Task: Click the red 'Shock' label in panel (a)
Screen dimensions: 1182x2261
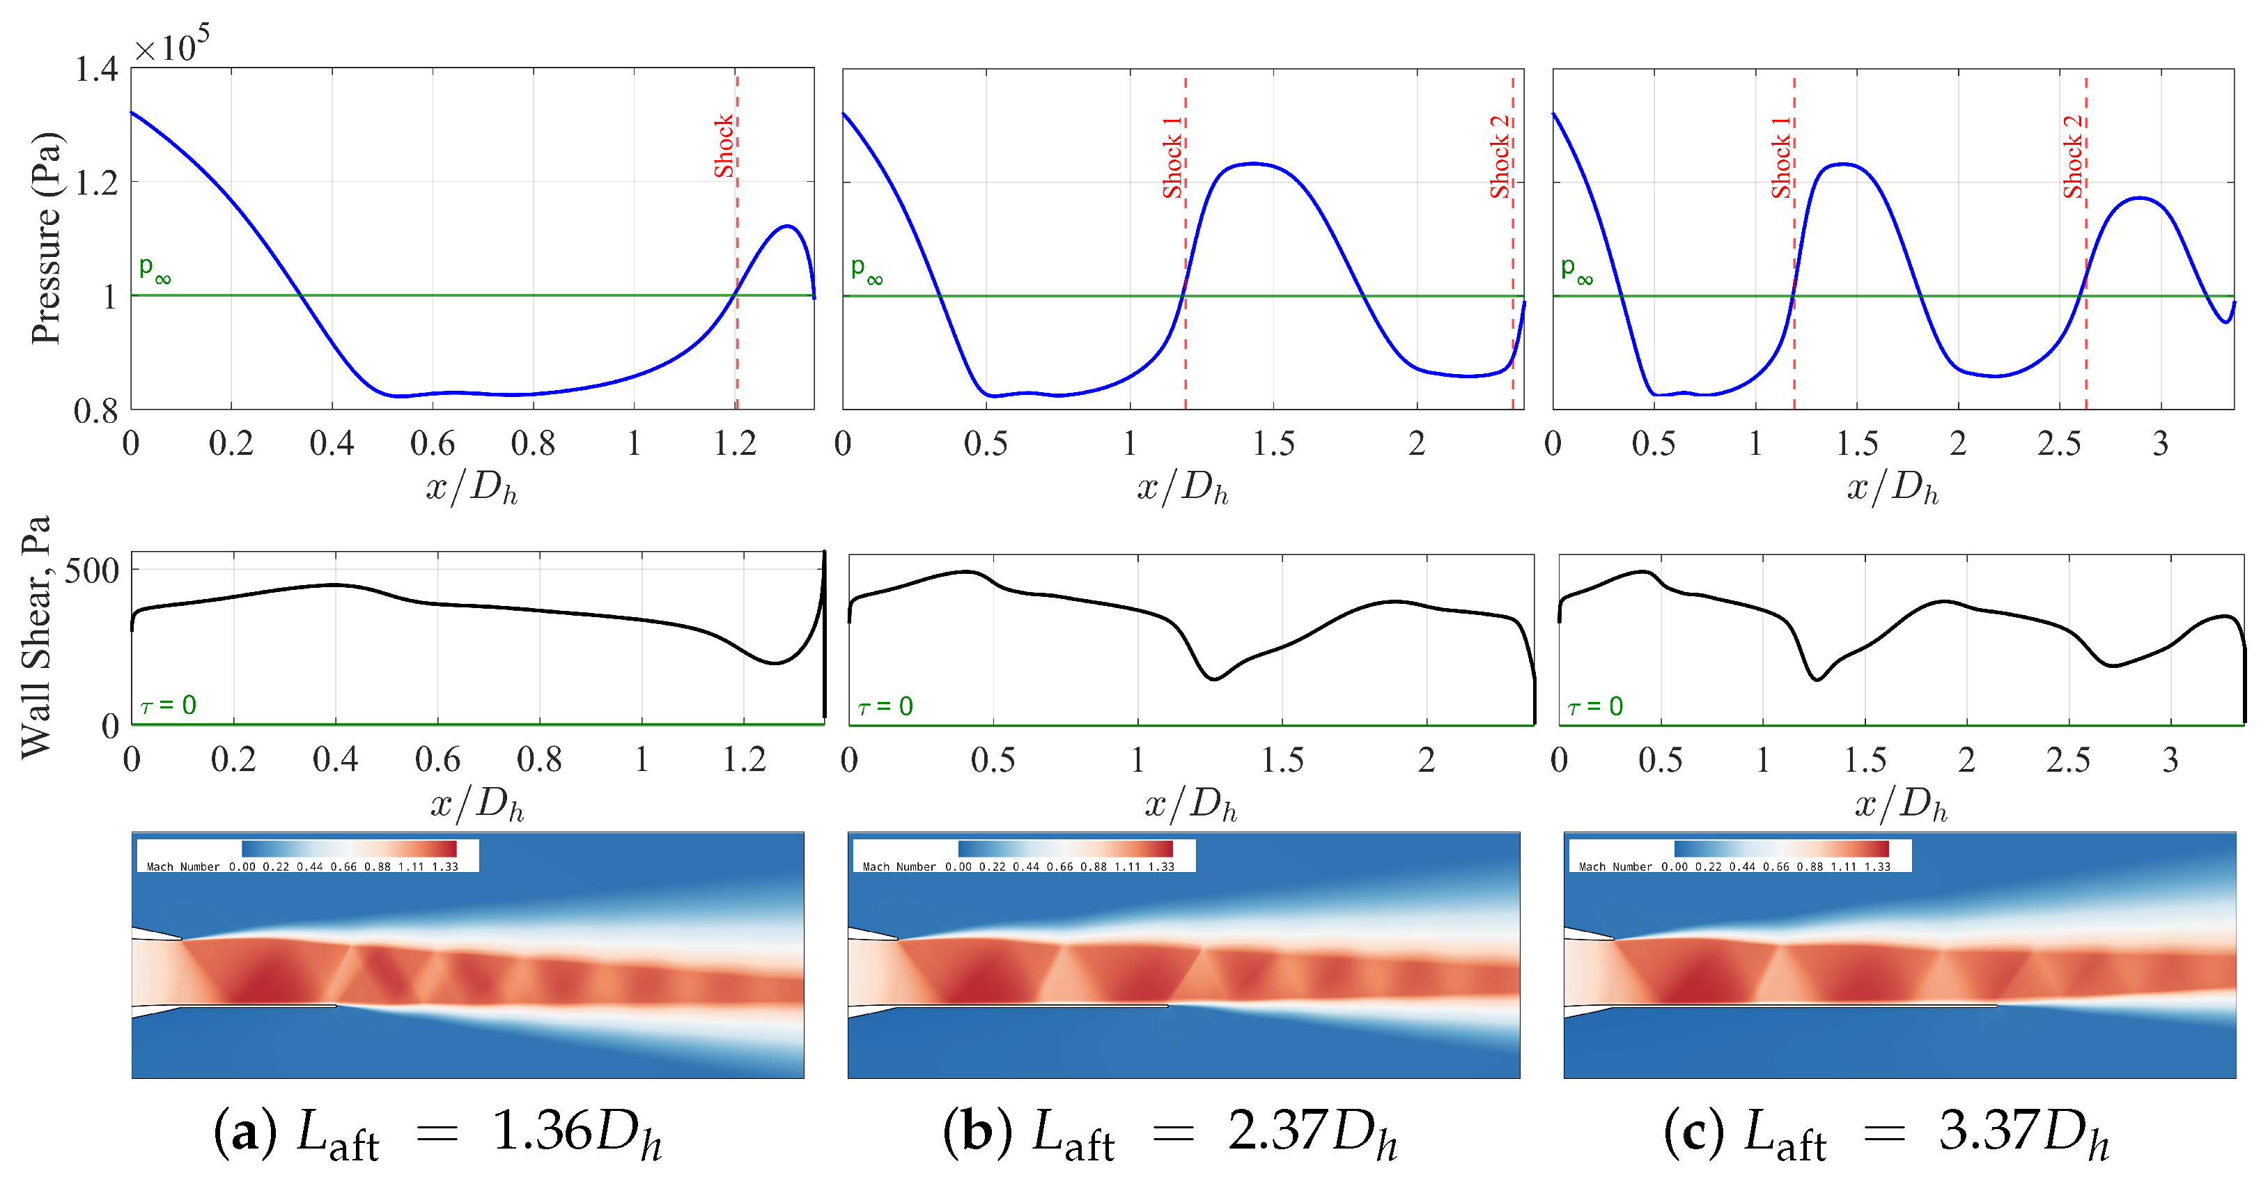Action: [723, 146]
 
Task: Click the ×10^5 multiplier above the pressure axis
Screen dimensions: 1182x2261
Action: [172, 46]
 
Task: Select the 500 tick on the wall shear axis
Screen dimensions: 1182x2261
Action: [92, 570]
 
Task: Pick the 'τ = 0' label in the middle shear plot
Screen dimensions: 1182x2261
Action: [885, 706]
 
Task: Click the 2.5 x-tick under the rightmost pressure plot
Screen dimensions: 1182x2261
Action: [2058, 444]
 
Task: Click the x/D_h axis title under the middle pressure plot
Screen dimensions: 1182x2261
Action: [1182, 487]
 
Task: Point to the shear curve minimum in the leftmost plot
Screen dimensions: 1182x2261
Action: [773, 662]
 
